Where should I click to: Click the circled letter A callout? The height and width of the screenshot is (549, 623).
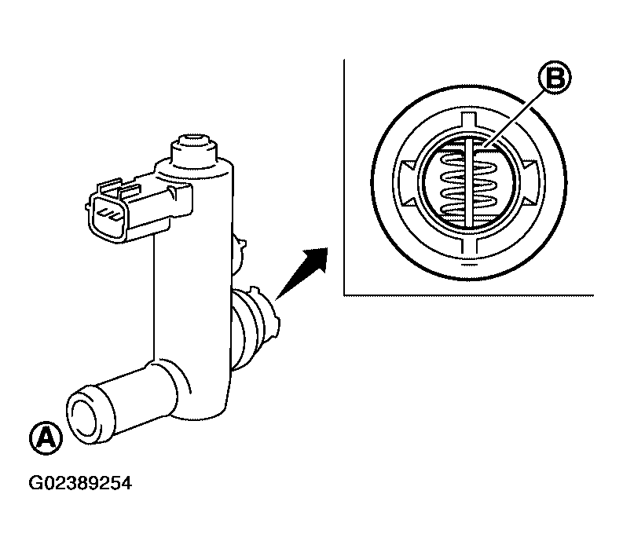pos(46,438)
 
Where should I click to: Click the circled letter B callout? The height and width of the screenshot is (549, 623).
pos(555,78)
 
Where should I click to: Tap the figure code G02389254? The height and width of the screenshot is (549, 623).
pos(80,483)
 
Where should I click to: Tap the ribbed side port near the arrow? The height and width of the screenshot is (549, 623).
pos(255,326)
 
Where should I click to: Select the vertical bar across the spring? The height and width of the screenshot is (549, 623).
pos(469,183)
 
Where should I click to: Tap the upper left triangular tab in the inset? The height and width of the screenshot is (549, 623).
pos(409,166)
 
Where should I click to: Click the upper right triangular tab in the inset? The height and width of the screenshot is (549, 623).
pos(530,165)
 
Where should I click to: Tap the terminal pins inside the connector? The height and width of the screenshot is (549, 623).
pos(108,214)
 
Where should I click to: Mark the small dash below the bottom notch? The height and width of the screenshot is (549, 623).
pos(468,264)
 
